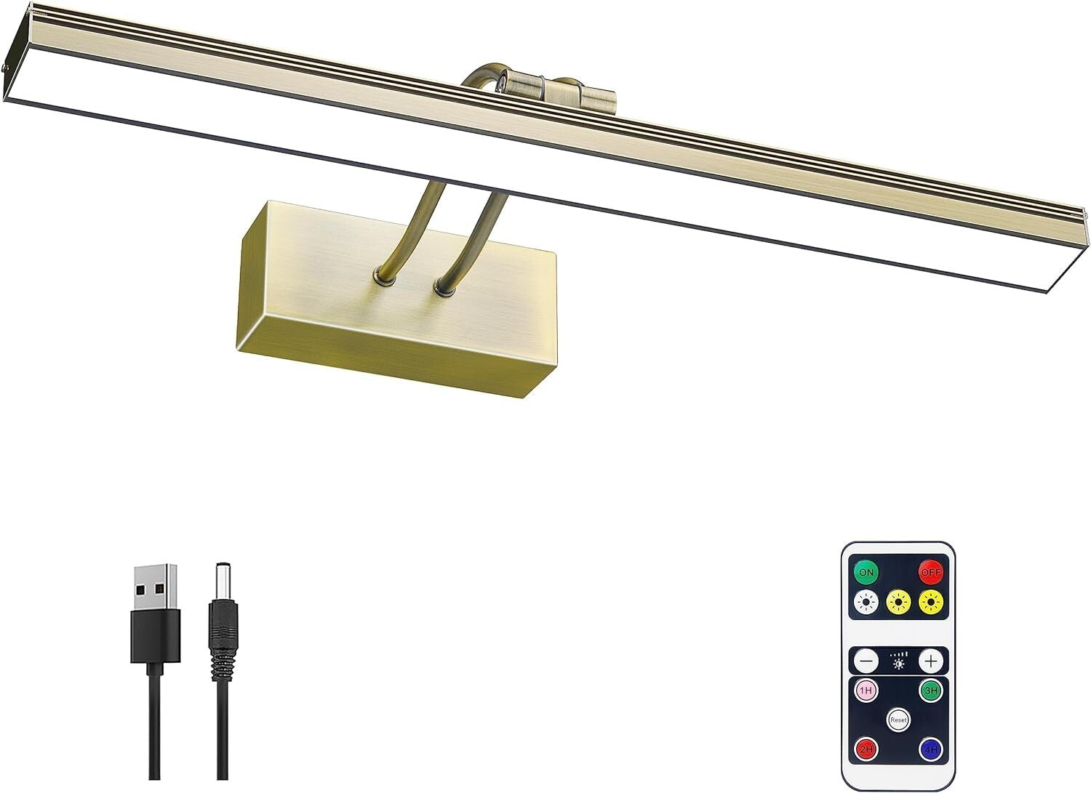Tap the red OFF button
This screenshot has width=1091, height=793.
coord(930,571)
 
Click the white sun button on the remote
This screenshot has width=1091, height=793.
coord(866,602)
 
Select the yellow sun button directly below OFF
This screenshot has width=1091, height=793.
coord(931,602)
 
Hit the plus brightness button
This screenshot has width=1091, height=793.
coord(930,661)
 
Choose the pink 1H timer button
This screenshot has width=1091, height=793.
coord(866,690)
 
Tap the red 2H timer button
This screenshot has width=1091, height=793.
coord(866,749)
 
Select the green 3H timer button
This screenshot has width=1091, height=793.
coord(931,690)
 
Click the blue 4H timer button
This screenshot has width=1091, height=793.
coord(931,749)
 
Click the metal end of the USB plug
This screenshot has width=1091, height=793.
coord(156,587)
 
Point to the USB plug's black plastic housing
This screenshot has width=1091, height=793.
coord(156,635)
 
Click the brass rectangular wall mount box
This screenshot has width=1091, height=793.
coord(396,313)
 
